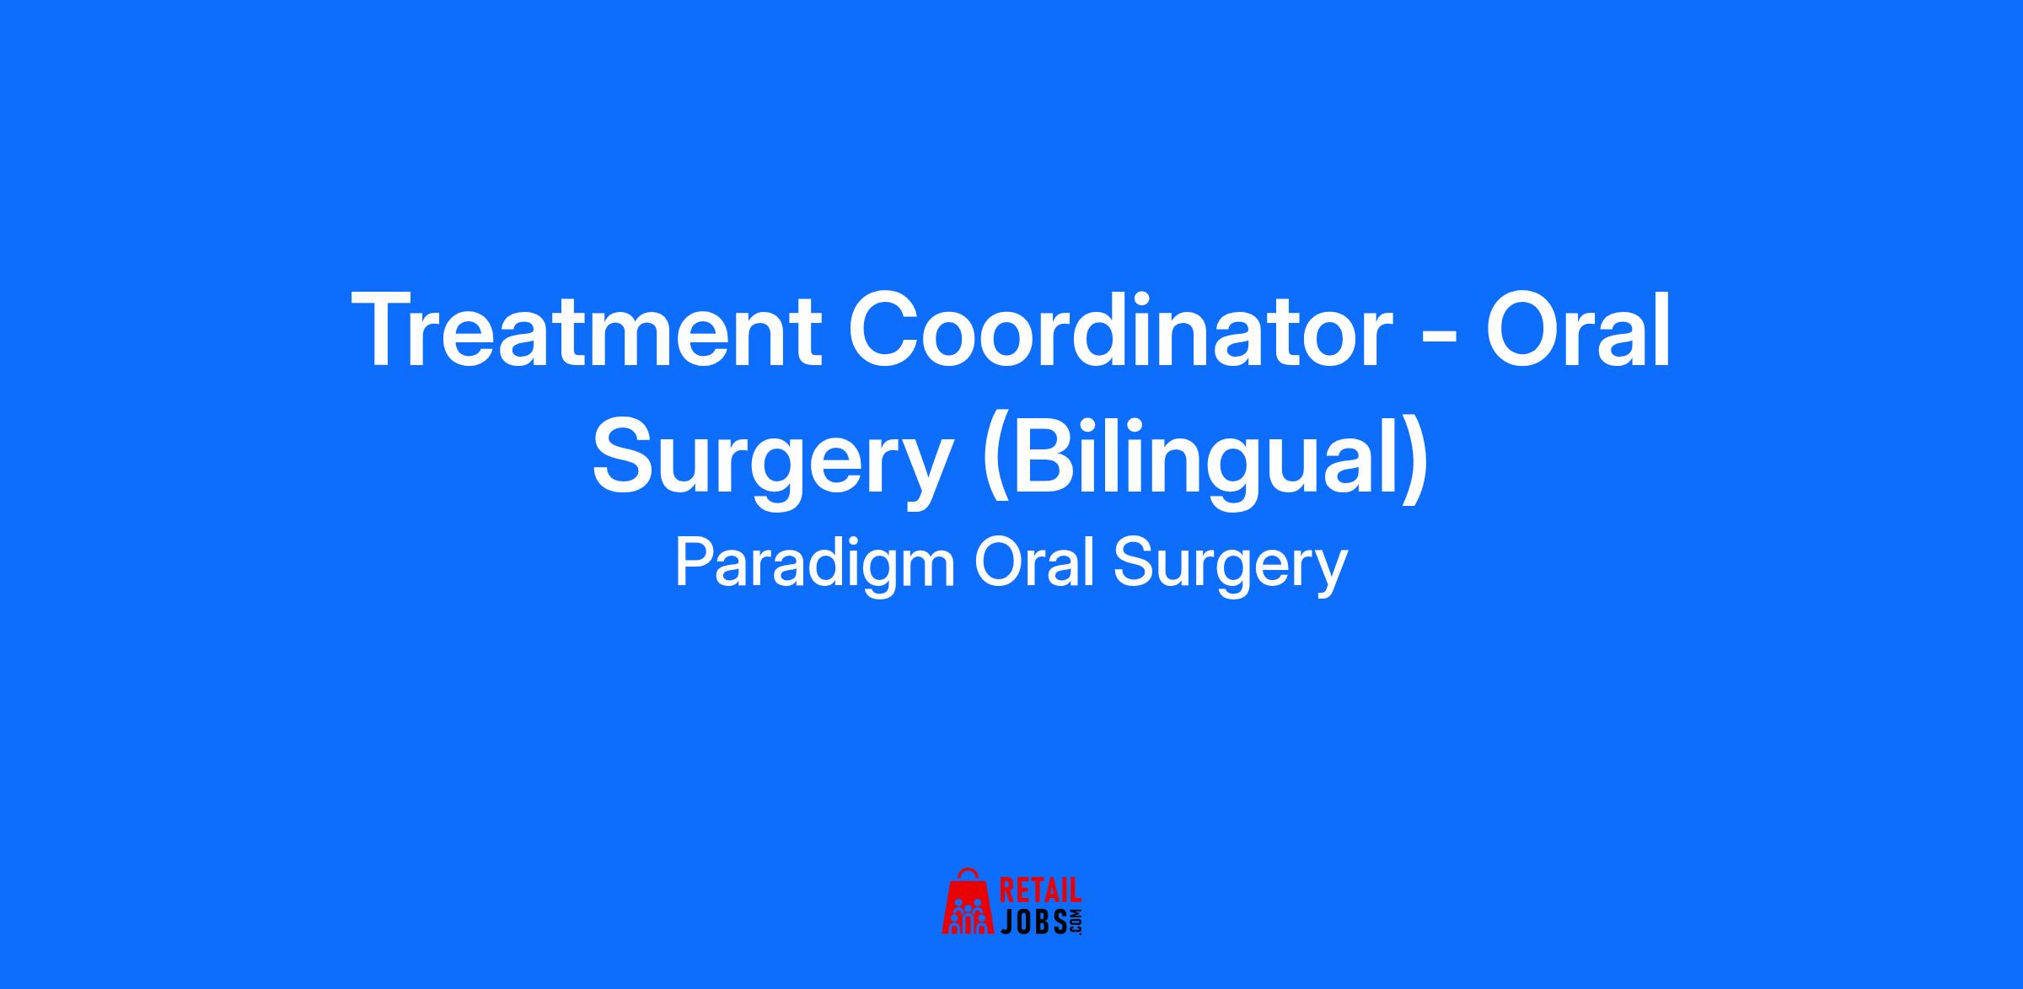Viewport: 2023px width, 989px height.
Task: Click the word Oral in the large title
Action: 1577,329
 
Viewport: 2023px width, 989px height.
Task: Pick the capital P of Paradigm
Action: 696,562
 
